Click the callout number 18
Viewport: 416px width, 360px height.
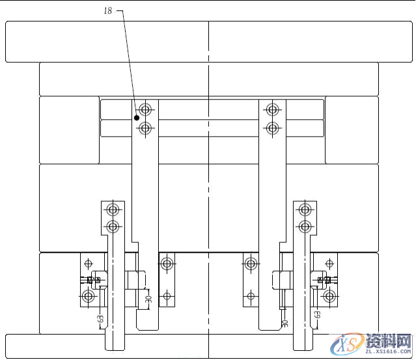(108, 11)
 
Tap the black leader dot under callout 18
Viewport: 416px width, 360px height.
(137, 118)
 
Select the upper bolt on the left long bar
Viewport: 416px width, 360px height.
(145, 109)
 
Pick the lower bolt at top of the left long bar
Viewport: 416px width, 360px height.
(145, 128)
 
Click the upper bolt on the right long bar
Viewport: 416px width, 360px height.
(272, 109)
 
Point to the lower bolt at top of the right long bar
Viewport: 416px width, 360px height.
(272, 128)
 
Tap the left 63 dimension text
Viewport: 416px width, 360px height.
(100, 319)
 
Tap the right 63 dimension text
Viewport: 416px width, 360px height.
(317, 314)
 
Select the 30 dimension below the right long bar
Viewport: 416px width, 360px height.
(284, 322)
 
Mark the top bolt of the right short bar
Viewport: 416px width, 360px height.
(303, 210)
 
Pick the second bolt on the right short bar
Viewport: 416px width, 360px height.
(303, 227)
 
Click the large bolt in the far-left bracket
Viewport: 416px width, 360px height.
(88, 297)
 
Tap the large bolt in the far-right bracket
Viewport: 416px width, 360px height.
(329, 297)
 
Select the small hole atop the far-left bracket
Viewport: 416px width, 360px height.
(88, 264)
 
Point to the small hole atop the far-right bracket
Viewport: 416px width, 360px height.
(329, 264)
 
